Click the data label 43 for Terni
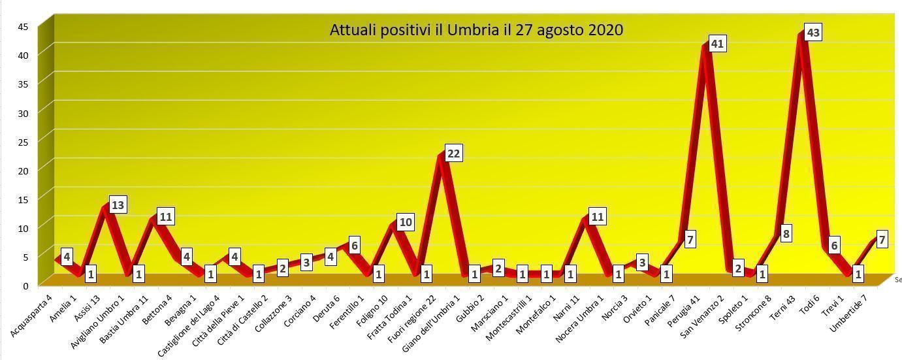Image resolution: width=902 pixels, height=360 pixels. pos(813,32)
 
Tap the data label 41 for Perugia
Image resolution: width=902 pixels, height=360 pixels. pos(717,44)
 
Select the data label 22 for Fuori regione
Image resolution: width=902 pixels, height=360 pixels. pos(453,154)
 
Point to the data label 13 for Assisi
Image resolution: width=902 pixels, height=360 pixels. pos(118,205)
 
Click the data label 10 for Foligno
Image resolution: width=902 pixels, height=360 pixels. pos(405,222)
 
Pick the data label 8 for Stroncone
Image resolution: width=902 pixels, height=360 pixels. pos(786,233)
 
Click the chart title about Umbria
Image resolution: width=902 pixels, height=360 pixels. pos(476,30)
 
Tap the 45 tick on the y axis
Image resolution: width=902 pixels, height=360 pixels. pos(23,27)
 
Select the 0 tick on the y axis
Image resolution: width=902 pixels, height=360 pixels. pos(25,286)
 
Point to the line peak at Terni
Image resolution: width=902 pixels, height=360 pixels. pos(802,36)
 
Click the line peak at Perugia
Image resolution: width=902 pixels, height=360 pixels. pos(706,47)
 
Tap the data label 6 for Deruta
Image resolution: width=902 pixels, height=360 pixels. pos(354,245)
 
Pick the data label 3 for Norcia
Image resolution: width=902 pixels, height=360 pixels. pos(642,263)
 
